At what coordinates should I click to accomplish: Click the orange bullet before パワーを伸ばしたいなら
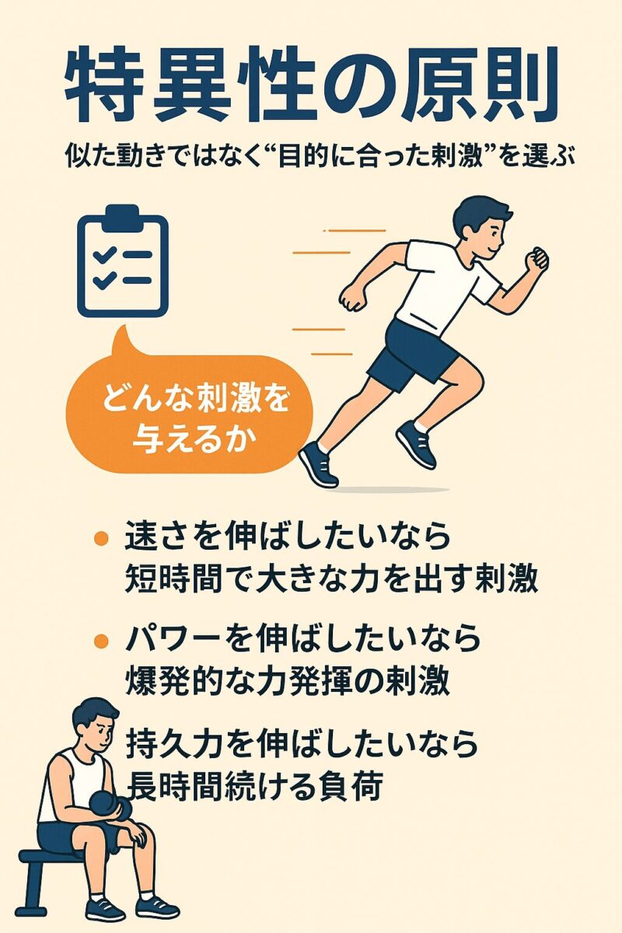tap(102, 640)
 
